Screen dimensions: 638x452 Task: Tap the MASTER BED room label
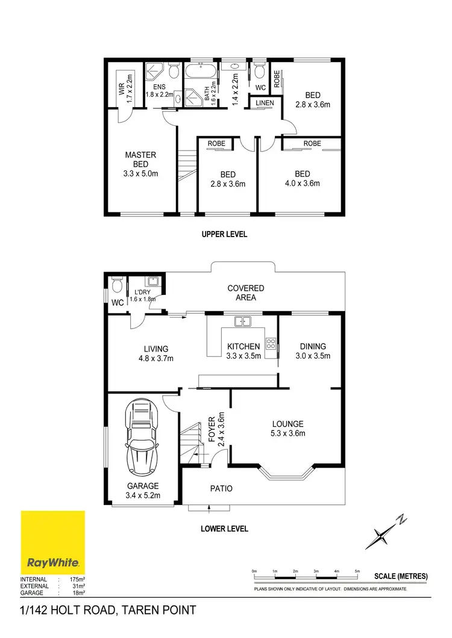140,164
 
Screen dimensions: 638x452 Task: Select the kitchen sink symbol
243,321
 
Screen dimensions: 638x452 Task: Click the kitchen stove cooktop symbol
271,345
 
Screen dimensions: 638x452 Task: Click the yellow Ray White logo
53,542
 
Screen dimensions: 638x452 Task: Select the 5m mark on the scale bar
357,570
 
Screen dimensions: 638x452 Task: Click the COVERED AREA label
245,293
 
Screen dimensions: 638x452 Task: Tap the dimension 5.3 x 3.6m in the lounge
287,433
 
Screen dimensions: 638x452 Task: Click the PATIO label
221,489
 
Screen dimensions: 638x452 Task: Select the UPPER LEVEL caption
224,234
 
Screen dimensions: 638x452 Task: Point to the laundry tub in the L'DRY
153,281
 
